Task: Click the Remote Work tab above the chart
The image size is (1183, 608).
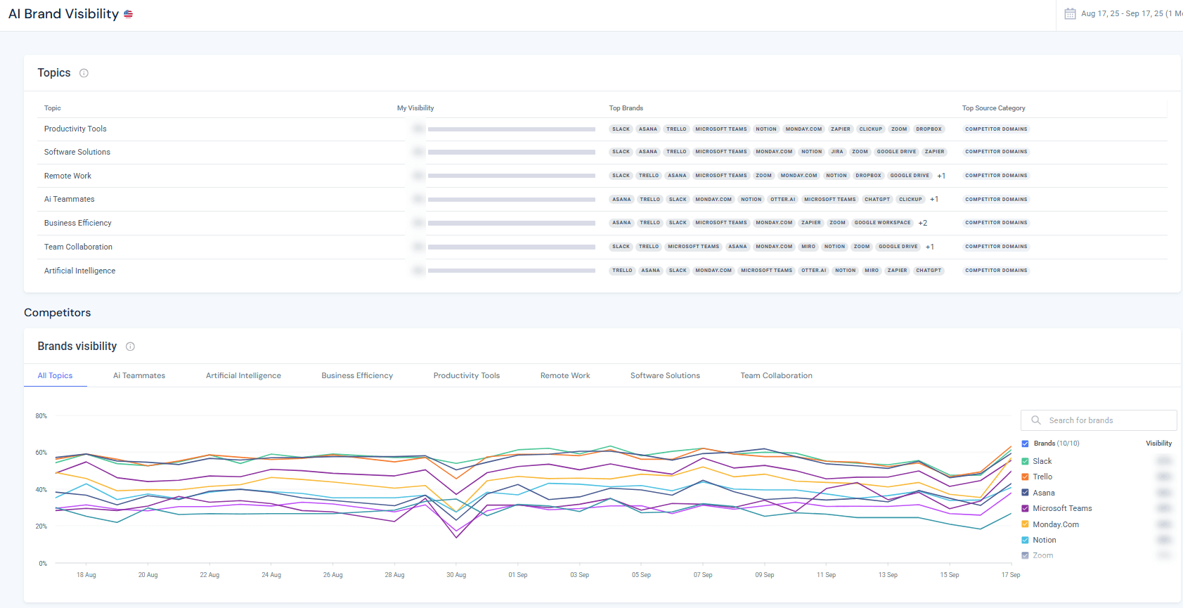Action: coord(564,375)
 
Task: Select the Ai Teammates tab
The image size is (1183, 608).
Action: coord(139,375)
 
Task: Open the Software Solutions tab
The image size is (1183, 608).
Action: coord(665,375)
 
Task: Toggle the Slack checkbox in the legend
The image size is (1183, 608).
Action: coord(1025,461)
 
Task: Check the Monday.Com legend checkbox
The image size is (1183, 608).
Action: coord(1025,524)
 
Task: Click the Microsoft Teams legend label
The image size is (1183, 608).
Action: coord(1061,508)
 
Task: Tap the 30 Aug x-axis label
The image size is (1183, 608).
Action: coord(455,575)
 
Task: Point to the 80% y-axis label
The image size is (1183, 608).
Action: coord(41,416)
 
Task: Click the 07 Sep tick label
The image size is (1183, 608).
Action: coord(702,575)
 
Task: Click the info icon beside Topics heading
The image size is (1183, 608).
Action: coord(84,73)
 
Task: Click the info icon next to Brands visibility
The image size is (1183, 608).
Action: coord(130,347)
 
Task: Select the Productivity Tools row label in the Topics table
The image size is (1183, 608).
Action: coord(75,129)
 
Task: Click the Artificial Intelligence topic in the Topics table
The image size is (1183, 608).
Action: coord(79,271)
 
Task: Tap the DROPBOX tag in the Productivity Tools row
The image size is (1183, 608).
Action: coord(928,129)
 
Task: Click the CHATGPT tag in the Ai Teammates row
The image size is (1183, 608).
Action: coord(877,200)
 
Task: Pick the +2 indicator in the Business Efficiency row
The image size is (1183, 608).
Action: coord(922,223)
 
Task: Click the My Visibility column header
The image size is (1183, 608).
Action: coord(415,108)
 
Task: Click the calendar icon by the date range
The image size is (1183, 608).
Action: coord(1070,13)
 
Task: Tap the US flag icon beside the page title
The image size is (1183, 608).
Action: coord(128,14)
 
